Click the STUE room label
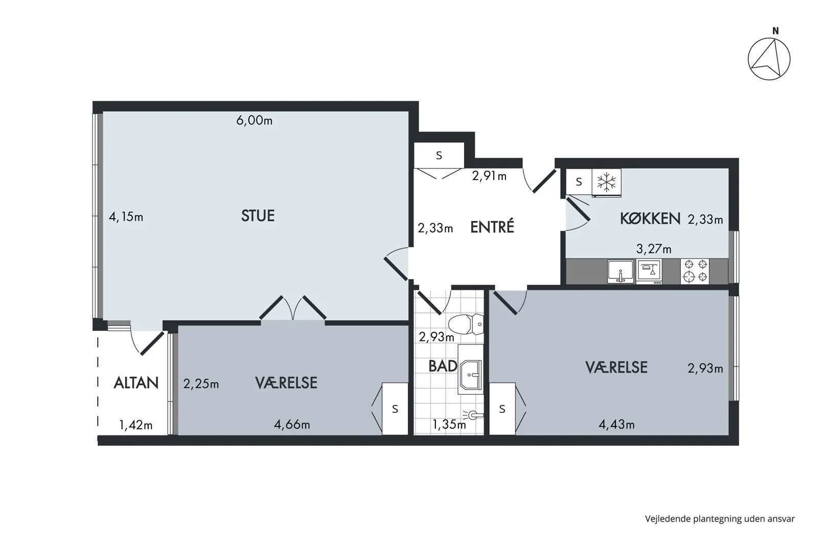point(258,216)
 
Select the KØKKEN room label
point(650,219)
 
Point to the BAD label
point(443,366)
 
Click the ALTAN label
point(136,383)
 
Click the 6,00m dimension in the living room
point(255,120)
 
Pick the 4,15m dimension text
point(126,217)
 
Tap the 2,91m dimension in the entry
point(489,176)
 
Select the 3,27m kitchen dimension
point(654,249)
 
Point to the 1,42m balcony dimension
point(135,425)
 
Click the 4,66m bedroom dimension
point(292,424)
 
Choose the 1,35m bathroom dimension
point(449,424)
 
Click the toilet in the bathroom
point(466,324)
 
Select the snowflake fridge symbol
point(607,182)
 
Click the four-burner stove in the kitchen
point(695,271)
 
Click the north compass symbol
point(769,58)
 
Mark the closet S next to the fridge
point(579,182)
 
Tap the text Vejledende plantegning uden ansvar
point(720,519)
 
